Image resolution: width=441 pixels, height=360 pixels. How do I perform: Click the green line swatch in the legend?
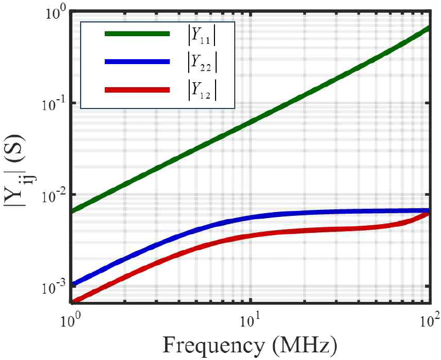point(137,34)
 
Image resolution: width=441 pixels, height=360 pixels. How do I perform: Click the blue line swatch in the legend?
point(137,62)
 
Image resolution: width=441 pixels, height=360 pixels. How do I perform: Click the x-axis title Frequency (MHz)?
point(250,345)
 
